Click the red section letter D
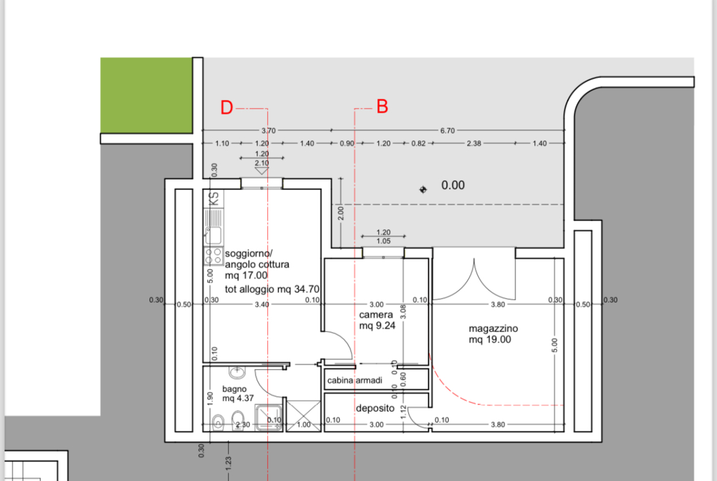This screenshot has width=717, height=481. point(227,107)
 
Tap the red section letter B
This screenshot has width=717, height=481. point(382,107)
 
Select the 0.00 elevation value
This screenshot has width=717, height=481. point(453,185)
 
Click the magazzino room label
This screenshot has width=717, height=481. point(493,328)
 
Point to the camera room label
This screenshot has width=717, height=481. point(376,314)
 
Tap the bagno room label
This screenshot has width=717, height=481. point(234,389)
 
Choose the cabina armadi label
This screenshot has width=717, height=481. point(355,381)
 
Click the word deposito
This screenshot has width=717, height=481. point(375,408)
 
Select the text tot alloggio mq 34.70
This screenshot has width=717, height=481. point(272,289)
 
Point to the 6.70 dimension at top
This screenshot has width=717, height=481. point(448,131)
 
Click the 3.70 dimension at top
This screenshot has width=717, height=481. point(268,131)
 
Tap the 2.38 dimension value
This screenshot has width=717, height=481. point(474,143)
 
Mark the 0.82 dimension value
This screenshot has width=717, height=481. point(419,143)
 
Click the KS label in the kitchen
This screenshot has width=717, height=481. point(213,199)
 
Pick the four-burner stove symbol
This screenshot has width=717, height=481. point(213,256)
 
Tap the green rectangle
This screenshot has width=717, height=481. point(146,96)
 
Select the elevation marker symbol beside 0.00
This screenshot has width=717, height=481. point(423,189)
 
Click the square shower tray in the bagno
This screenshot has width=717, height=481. point(269,417)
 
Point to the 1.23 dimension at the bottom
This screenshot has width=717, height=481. point(228,463)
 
